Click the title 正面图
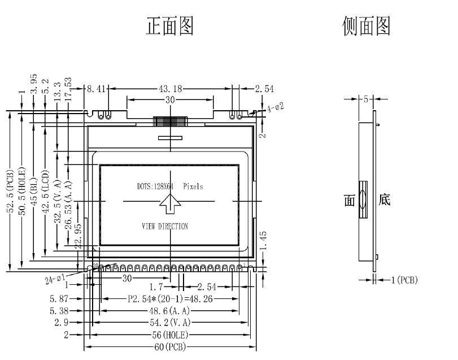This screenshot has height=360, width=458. (171, 26)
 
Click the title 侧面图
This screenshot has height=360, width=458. (367, 26)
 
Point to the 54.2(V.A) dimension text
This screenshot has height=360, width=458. (168, 323)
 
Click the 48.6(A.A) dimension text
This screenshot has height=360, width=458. (168, 311)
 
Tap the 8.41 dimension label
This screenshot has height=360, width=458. (97, 89)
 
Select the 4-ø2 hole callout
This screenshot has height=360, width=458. (275, 107)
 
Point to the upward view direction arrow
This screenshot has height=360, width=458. (170, 203)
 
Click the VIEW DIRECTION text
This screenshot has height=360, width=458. (165, 226)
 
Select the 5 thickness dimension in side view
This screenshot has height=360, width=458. (366, 99)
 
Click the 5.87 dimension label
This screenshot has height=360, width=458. (58, 299)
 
